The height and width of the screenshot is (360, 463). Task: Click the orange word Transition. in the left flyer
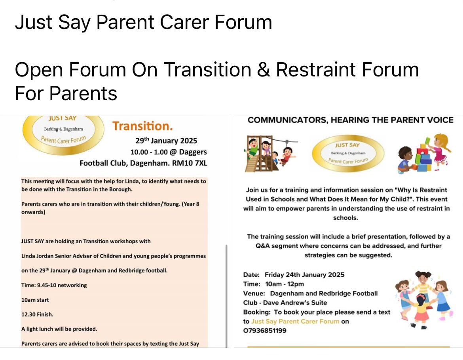point(142,126)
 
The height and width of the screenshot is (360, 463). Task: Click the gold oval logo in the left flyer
point(63,135)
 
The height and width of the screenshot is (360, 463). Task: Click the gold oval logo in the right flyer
point(348,153)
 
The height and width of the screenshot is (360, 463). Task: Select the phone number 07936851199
point(265,331)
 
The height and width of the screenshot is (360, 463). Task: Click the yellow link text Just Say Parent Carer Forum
point(295,321)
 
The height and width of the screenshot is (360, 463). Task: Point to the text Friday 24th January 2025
point(304,274)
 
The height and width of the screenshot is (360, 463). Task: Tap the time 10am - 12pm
point(284,284)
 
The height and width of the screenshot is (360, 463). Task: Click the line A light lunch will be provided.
point(59,329)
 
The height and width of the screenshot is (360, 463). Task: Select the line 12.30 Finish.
point(37,314)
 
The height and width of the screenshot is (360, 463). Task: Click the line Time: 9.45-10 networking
point(54,285)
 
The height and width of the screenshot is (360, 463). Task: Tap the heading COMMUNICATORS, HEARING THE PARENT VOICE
point(350,120)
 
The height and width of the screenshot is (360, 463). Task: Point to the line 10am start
point(35,300)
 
